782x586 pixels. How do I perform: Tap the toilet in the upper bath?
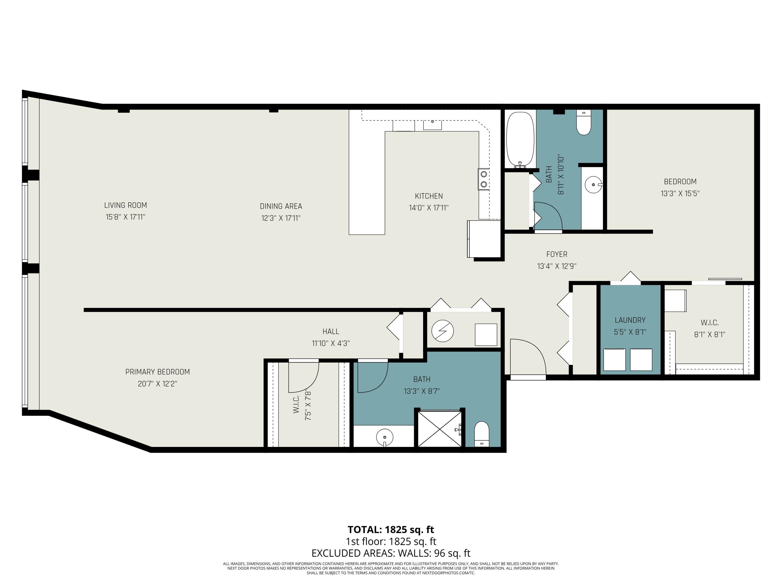pos(584,123)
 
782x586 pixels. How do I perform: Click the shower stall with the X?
pos(439,428)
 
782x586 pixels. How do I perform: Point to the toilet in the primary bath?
pos(481,434)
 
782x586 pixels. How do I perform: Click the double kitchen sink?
pos(483,179)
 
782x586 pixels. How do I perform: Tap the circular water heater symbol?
pos(443,331)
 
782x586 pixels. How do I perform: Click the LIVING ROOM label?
pos(125,205)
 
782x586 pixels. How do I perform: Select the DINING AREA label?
pos(281,206)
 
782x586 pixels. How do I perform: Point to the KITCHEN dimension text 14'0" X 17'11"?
pos(429,208)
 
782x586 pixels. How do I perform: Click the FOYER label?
pos(557,254)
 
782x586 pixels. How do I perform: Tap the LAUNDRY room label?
pos(630,320)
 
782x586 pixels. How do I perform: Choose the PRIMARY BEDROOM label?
pos(158,372)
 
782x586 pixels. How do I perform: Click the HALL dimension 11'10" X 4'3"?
pos(331,343)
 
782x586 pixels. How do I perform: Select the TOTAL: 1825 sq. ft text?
pos(391,530)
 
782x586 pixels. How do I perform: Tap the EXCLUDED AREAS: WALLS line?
pos(391,553)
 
